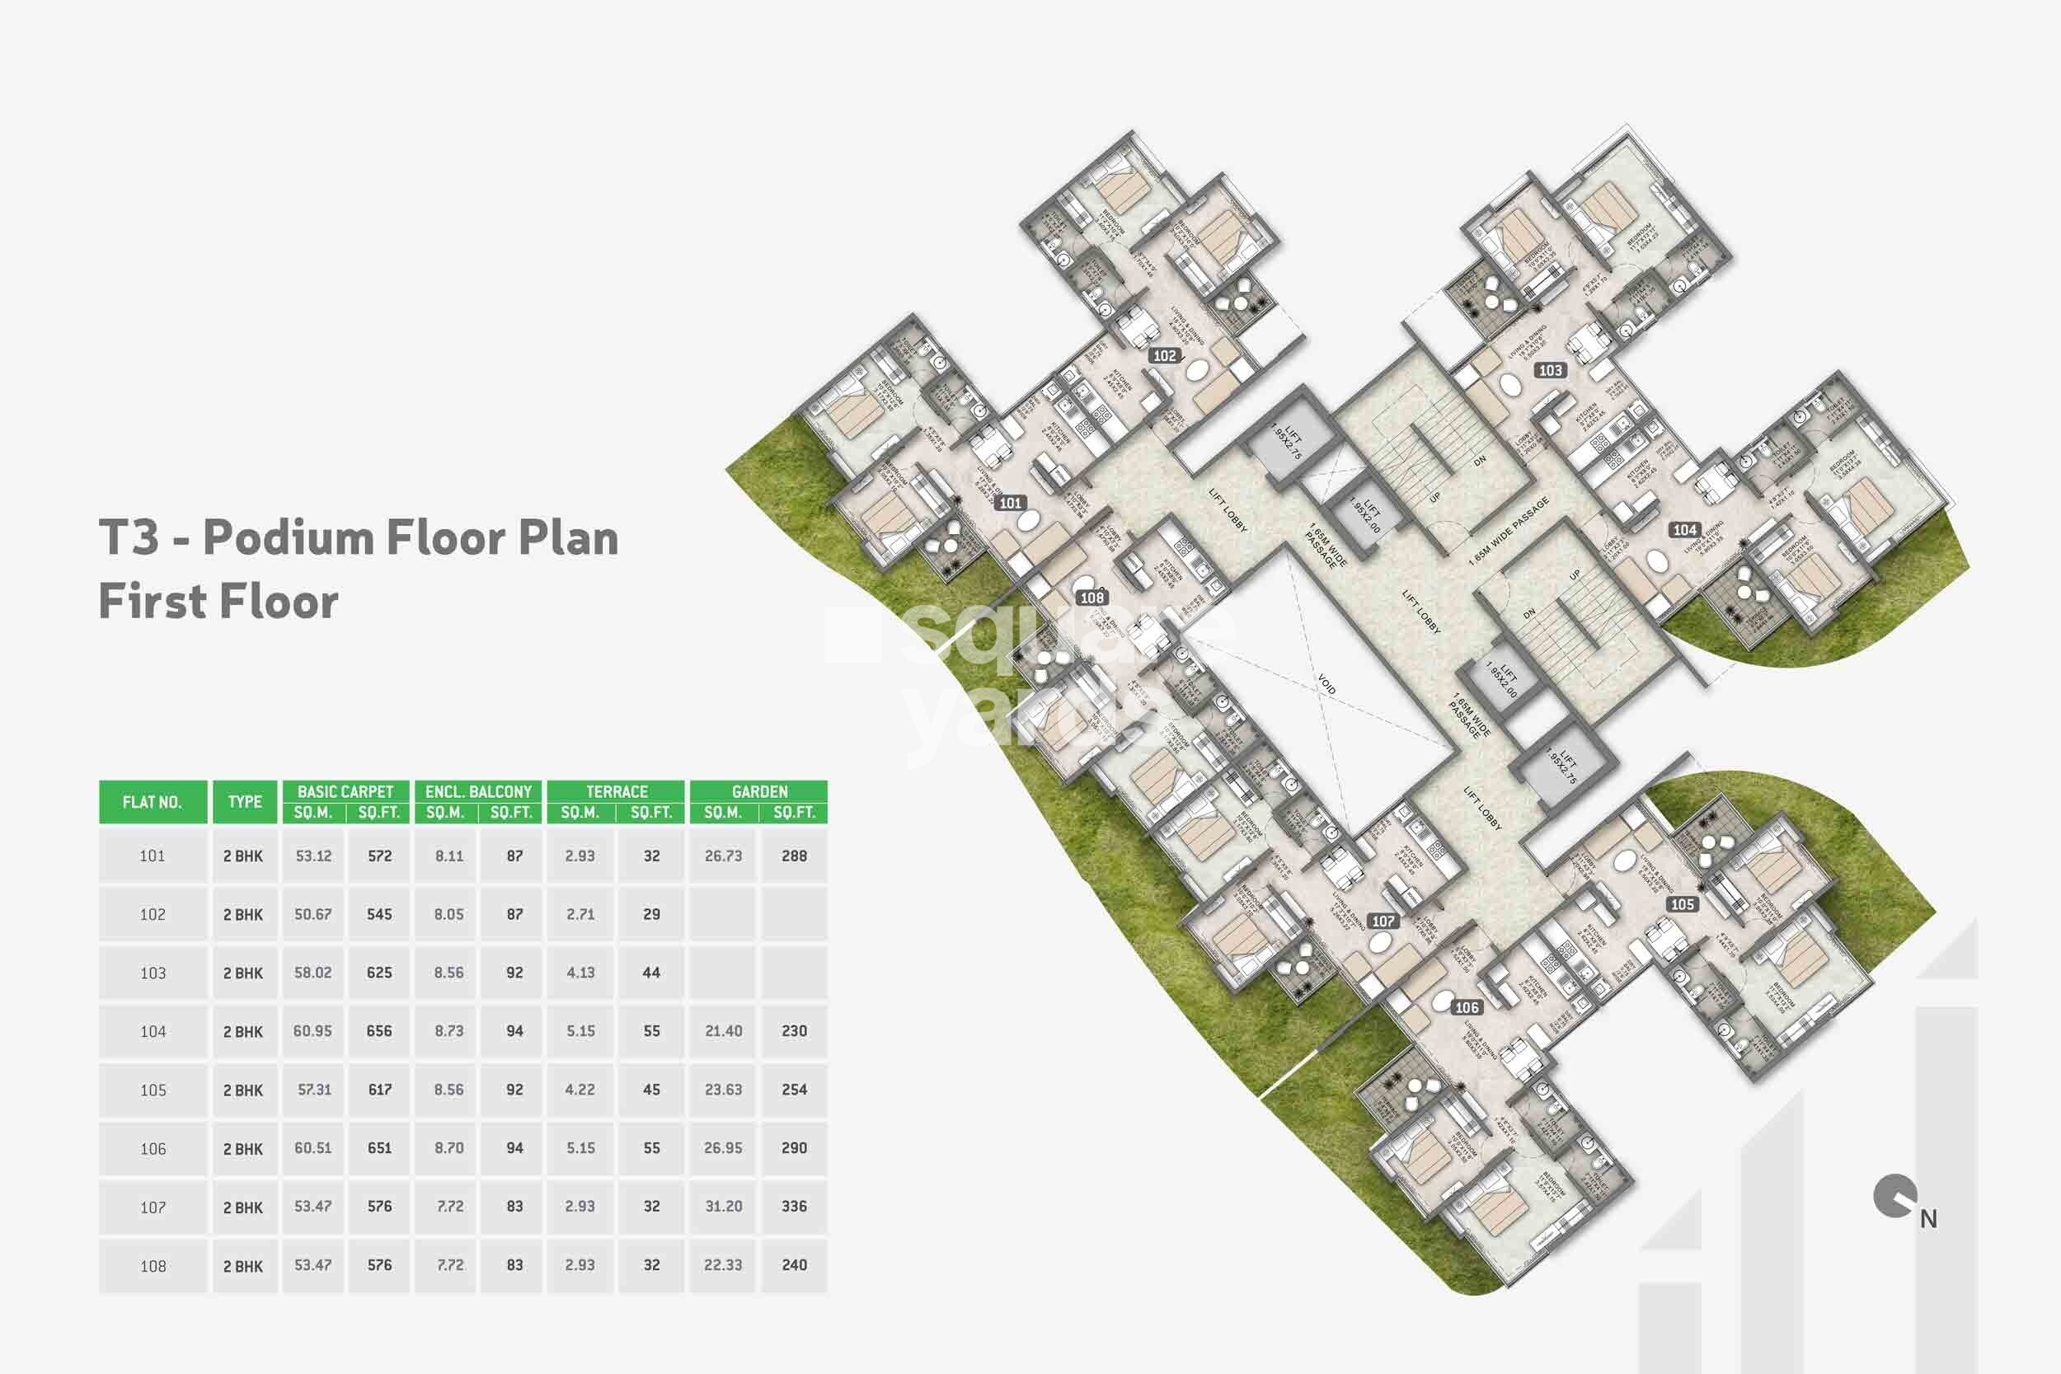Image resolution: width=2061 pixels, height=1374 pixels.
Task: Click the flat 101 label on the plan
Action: point(1011,503)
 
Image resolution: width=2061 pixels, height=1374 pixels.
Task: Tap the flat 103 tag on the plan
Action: point(1550,371)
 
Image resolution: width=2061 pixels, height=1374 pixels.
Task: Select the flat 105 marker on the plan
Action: point(1682,904)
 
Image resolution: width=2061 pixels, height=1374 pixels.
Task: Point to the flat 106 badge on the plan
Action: point(1467,1008)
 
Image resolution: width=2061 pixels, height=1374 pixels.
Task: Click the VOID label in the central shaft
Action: point(1326,684)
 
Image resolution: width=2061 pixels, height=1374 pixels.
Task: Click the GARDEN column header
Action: point(758,791)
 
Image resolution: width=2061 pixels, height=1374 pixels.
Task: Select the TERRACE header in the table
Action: point(616,791)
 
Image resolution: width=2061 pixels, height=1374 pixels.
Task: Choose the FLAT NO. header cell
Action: point(153,802)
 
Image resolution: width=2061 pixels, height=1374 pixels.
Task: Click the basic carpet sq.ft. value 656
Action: point(379,1031)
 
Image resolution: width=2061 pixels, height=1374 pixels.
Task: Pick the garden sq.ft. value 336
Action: point(794,1207)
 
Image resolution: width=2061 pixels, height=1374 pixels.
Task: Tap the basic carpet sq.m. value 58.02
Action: point(312,973)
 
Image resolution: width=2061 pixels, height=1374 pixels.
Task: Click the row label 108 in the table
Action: point(153,1265)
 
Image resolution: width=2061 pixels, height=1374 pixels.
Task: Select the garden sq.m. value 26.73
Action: point(723,856)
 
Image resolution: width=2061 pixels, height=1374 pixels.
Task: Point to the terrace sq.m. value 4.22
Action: point(580,1090)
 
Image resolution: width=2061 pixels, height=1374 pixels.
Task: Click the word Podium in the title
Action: point(289,537)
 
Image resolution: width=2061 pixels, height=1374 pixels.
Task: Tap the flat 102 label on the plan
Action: point(1165,356)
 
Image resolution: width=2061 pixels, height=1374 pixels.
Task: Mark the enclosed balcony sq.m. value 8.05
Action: point(448,914)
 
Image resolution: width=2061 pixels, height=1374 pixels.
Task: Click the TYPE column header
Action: point(245,802)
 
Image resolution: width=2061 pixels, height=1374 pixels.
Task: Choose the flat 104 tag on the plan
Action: point(1684,530)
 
